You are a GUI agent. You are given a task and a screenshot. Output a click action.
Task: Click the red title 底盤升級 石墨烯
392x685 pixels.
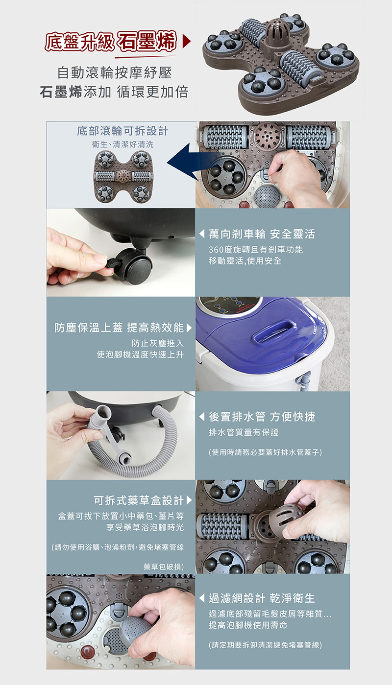pos(111,41)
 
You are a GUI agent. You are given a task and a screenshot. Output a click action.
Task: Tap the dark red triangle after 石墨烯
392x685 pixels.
pos(186,42)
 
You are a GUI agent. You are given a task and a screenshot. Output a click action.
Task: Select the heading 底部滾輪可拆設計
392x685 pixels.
pos(122,131)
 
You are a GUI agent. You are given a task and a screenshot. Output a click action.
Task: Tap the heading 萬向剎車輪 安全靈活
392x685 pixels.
pos(262,234)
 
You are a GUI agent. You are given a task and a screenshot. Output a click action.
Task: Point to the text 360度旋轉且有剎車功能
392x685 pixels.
pos(255,250)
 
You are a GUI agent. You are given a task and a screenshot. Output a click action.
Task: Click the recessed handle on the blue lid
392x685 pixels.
pos(274,331)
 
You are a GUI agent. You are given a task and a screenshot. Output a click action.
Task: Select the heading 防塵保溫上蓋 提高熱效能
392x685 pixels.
pos(119,328)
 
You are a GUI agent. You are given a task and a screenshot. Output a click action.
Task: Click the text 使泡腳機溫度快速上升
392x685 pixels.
pos(140,354)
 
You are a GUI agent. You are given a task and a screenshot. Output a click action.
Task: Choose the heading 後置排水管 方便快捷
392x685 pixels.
pos(262,417)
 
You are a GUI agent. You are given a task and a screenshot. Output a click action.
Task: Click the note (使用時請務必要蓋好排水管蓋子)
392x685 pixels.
pos(265,452)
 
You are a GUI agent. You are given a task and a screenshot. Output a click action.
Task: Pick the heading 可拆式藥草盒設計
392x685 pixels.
pos(139,500)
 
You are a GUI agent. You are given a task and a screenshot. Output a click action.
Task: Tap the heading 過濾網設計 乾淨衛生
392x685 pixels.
pos(262,598)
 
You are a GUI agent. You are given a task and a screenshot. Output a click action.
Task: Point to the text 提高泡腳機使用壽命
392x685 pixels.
pos(248,625)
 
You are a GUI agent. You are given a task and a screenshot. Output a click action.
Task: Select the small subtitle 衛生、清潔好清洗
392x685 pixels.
pos(122,144)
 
